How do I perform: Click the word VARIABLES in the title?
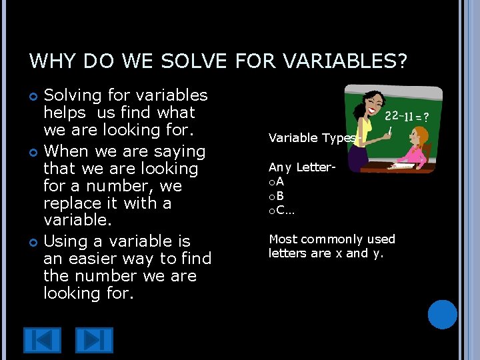[x=345, y=62]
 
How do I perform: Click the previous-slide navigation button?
[x=42, y=340]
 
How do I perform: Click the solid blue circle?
[x=443, y=315]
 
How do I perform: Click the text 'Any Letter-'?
[x=301, y=167]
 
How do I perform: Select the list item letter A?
[x=280, y=181]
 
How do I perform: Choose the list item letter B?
[x=280, y=196]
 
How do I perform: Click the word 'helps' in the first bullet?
[x=65, y=113]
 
